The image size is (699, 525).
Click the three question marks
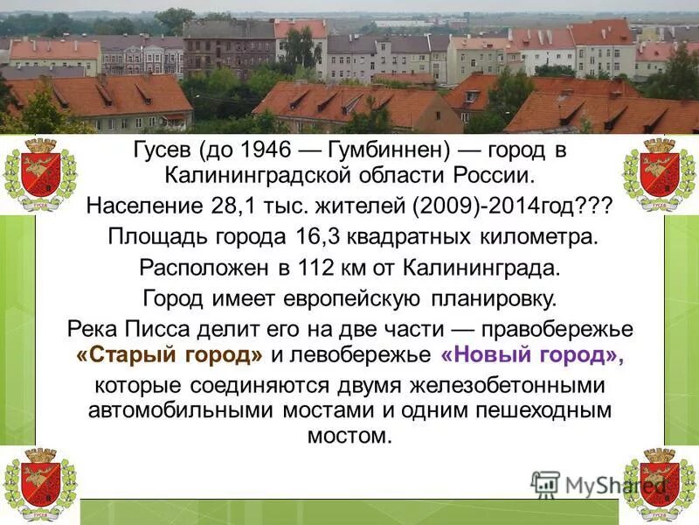591,207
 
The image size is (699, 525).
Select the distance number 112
323,267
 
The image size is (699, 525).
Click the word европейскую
353,297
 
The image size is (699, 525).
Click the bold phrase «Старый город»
170,354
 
